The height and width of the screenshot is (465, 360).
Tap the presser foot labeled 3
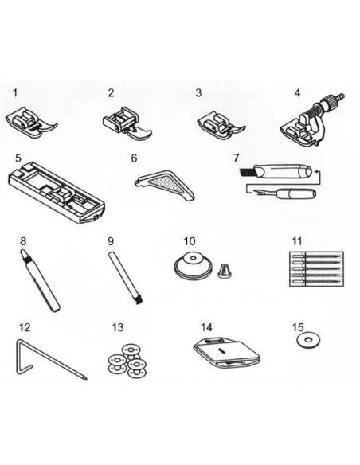coord(221,125)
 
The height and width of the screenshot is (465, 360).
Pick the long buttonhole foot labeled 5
coord(57,192)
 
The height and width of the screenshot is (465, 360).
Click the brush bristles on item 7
coord(246,172)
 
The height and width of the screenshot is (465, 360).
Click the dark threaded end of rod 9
coord(139,301)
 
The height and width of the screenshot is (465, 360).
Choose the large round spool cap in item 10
coord(193,265)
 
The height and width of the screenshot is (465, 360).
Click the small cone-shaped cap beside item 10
coord(225,272)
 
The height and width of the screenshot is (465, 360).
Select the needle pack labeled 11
coord(316,268)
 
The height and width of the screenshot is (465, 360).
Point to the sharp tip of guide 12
coord(86,378)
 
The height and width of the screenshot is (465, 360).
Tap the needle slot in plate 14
coord(221,350)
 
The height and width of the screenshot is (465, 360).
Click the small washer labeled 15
coord(308,340)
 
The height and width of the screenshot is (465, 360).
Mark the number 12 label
coord(25,328)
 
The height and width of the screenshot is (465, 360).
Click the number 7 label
coord(236,158)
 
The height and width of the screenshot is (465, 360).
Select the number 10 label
coord(190,241)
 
